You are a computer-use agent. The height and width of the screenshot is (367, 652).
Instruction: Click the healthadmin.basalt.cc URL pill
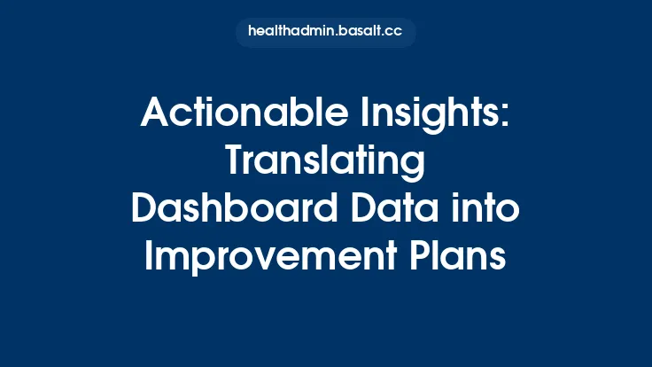tap(325, 32)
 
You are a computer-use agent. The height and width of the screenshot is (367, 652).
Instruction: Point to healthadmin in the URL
tap(286, 32)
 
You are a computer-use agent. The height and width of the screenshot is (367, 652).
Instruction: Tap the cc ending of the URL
tap(394, 32)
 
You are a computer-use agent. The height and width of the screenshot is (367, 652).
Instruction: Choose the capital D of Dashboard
tap(144, 211)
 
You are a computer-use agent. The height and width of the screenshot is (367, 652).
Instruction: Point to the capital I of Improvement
tap(149, 259)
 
